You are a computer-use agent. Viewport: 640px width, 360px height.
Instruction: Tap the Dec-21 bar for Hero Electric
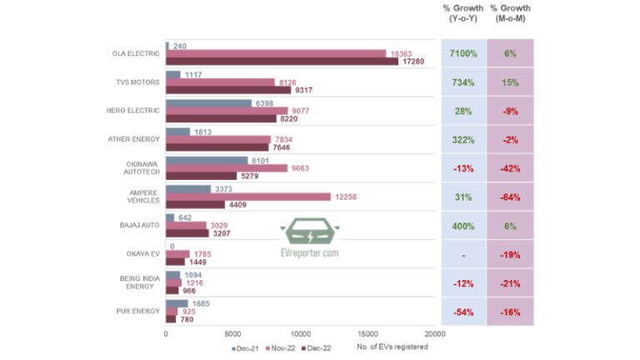tap(208, 103)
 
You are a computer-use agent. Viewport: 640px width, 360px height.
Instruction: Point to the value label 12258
tap(347, 197)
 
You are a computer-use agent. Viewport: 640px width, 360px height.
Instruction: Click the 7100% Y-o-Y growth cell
tap(462, 53)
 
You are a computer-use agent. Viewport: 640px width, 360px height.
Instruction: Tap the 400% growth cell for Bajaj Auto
tap(462, 226)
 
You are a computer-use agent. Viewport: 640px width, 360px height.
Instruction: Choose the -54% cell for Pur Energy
tap(462, 311)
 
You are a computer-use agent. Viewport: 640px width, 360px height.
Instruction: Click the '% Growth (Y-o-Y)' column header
tap(462, 13)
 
